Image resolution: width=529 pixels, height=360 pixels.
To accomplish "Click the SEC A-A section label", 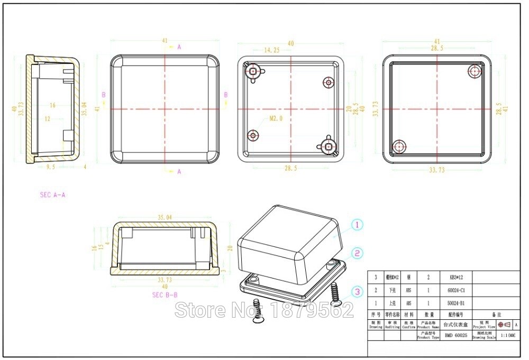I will tap(52, 195).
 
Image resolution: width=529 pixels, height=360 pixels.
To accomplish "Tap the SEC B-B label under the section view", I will tap(165, 295).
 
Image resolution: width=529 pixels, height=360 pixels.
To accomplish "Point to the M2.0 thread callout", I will tap(276, 119).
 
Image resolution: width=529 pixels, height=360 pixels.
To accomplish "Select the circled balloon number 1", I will tap(357, 225).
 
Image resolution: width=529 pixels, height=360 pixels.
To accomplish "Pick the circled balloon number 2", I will tap(357, 254).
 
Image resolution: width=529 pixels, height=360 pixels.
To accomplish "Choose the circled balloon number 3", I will tap(357, 291).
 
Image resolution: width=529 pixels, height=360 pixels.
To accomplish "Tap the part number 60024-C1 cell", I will tap(455, 290).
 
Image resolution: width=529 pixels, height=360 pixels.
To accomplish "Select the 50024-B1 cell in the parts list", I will tap(455, 303).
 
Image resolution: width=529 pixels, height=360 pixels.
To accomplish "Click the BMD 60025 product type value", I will tap(455, 335).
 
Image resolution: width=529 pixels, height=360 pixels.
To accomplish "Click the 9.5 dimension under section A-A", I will tap(51, 167).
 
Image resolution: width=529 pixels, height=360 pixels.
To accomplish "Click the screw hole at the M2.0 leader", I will tap(254, 136).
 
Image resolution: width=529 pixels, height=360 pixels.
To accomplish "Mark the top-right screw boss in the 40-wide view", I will tap(329, 82).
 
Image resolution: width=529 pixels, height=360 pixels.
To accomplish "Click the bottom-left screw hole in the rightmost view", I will tap(399, 146).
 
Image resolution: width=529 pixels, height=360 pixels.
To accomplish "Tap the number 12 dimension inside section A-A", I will tap(47, 119).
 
